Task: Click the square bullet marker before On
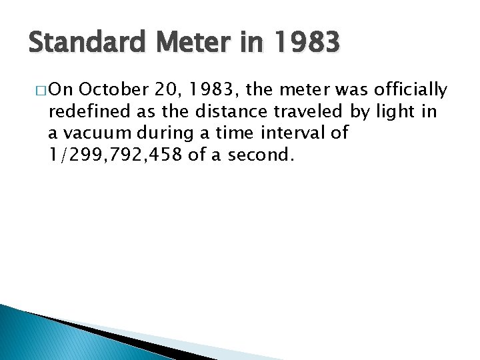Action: (33, 89)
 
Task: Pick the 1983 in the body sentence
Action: (199, 89)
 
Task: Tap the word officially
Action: (411, 89)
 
